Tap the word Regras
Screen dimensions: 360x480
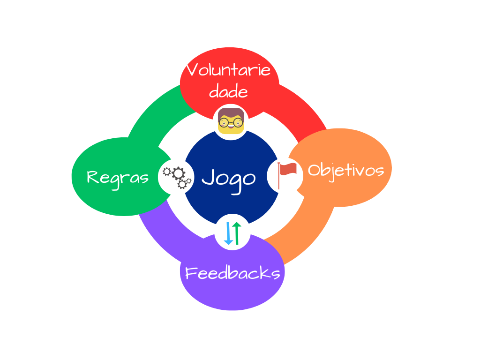[118, 178]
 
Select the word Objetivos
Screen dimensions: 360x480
[346, 170]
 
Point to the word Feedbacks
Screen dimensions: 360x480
[233, 273]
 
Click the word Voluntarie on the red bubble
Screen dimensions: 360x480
[229, 70]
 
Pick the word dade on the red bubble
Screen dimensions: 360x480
[228, 91]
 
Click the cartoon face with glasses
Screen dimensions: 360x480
[231, 121]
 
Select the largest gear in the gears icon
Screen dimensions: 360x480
[178, 174]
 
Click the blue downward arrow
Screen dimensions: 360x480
[229, 233]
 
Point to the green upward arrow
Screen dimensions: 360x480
[237, 233]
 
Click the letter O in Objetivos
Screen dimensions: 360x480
[314, 170]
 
